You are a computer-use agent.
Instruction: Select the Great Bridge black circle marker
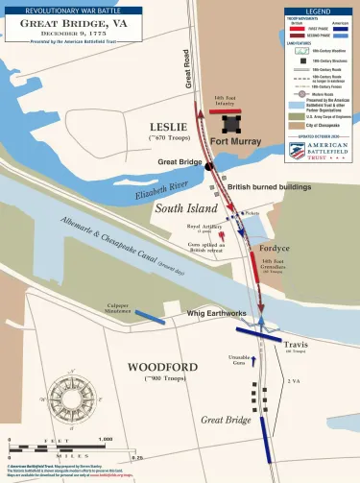(x=208, y=166)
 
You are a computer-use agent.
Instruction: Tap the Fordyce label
(x=276, y=248)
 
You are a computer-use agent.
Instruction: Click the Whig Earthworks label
(x=217, y=313)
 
